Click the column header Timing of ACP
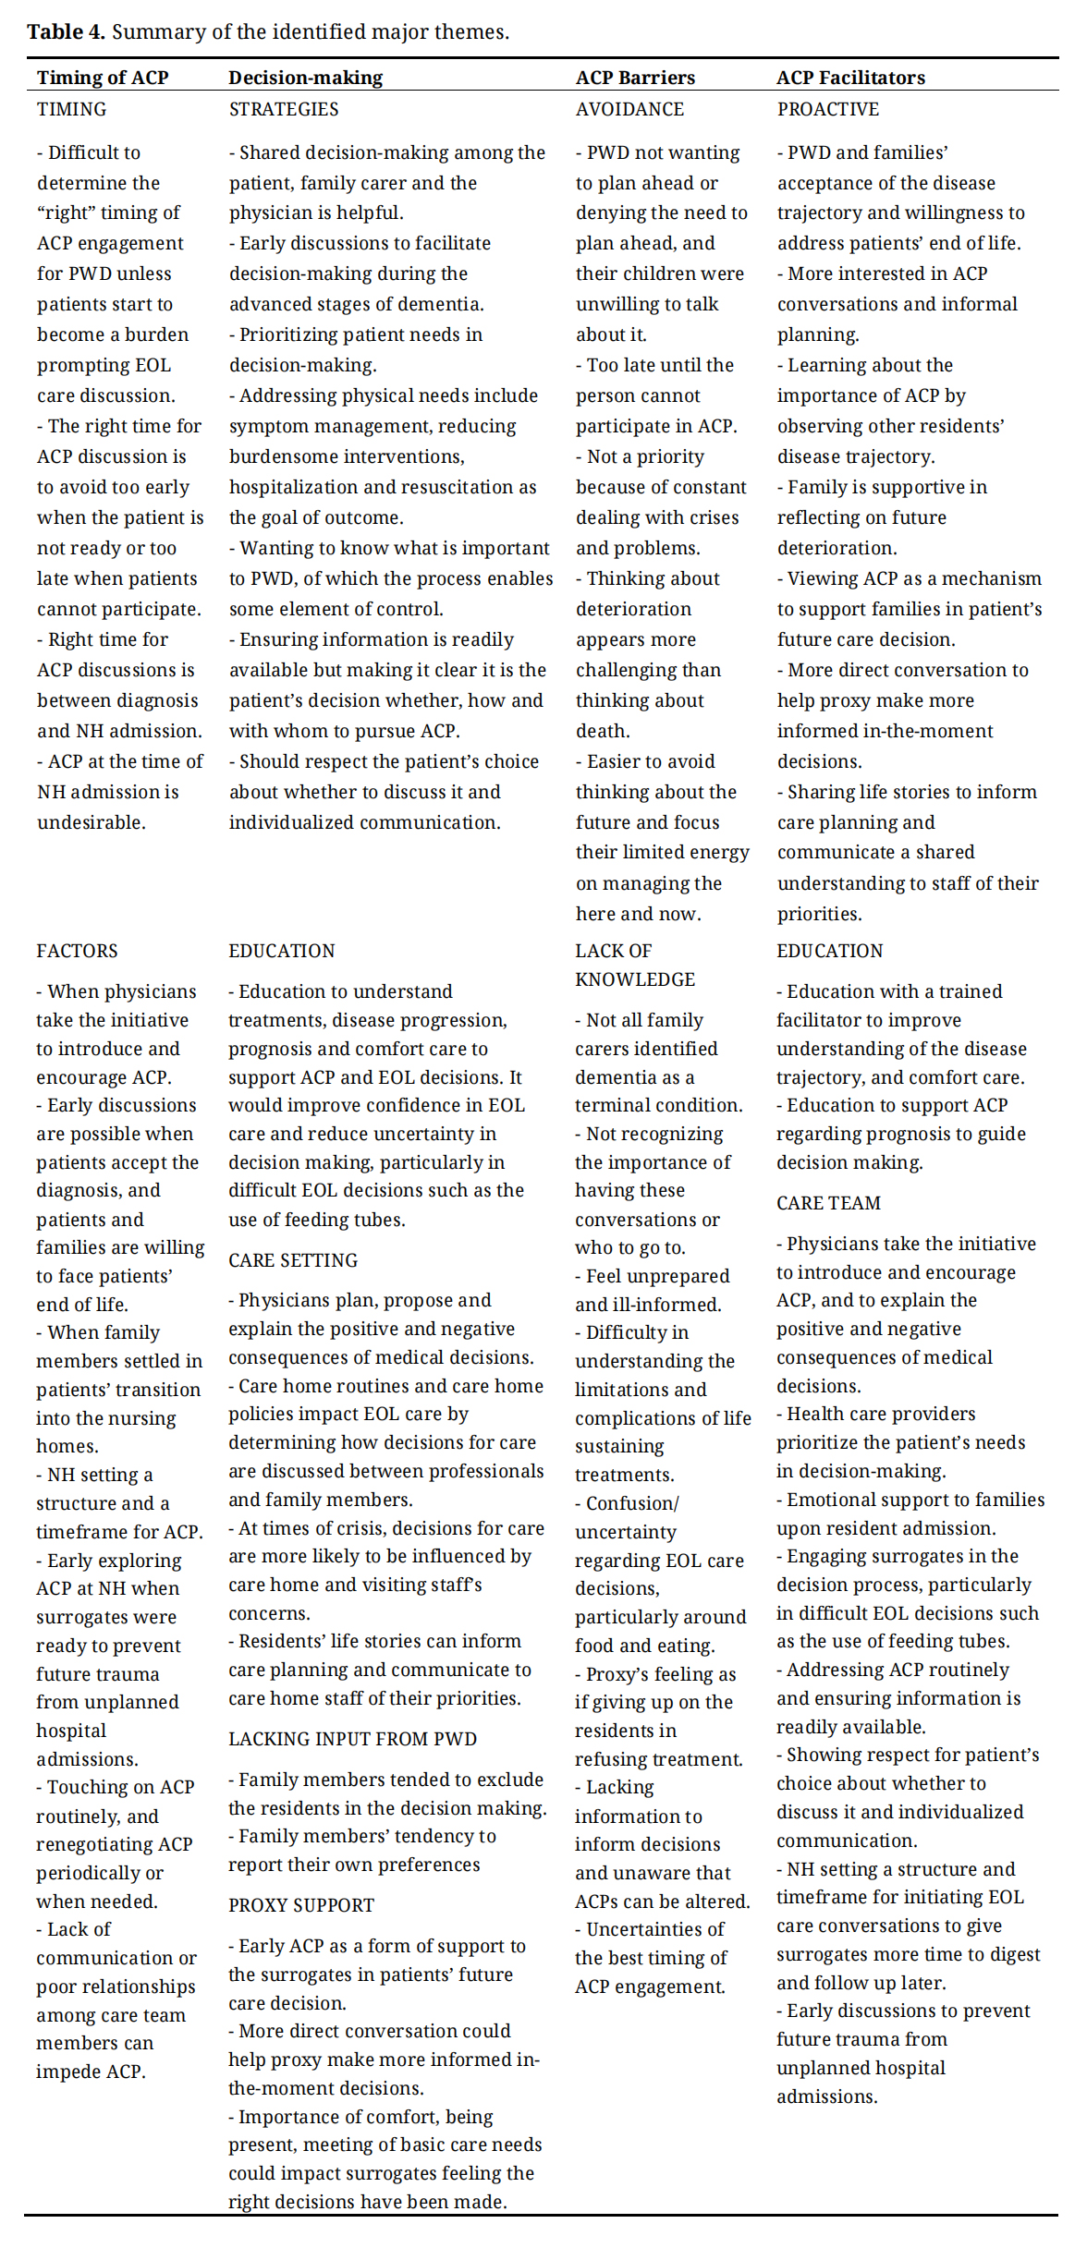103,78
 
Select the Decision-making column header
305,78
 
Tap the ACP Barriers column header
635,78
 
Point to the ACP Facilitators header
850,78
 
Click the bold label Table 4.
66,32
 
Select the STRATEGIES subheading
284,109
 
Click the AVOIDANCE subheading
629,109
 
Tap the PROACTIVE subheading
827,109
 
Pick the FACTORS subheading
77,951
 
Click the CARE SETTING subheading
293,1260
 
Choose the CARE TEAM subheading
828,1203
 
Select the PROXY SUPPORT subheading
301,1905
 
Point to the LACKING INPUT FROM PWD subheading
352,1739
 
